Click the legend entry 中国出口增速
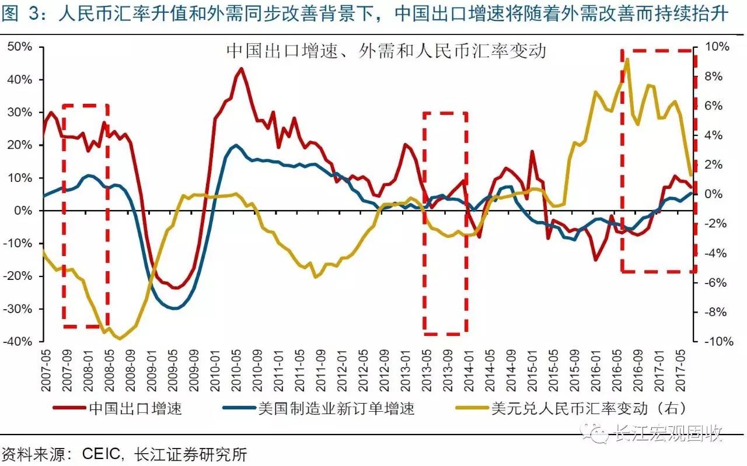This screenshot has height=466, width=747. click(x=135, y=408)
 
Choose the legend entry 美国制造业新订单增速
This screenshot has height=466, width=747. click(x=336, y=408)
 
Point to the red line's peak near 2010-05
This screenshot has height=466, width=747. click(x=241, y=68)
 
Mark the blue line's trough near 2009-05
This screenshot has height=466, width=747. click(x=174, y=308)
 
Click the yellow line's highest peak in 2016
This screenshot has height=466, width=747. click(x=627, y=59)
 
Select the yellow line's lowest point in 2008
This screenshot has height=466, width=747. click(x=120, y=338)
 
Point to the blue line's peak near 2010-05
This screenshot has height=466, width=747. click(x=235, y=145)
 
